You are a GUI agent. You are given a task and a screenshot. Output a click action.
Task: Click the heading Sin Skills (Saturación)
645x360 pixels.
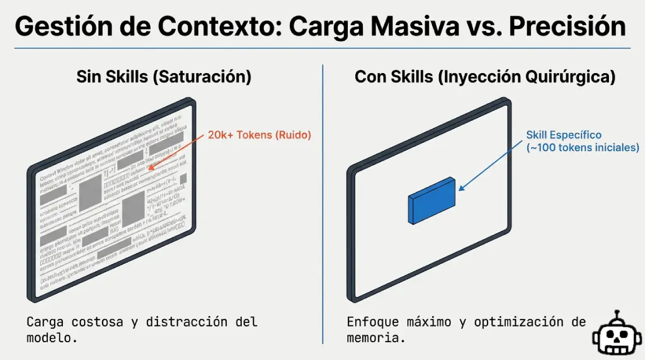click(163, 77)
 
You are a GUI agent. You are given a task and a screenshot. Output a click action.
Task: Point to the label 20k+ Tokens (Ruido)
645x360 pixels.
click(260, 135)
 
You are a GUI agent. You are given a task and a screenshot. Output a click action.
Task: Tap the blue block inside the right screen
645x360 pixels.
click(432, 201)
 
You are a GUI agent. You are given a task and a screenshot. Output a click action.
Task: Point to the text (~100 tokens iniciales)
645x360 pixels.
click(583, 147)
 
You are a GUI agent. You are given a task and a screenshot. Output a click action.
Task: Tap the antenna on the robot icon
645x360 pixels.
click(618, 314)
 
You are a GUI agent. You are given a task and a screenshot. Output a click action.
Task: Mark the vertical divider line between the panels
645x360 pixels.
click(322, 204)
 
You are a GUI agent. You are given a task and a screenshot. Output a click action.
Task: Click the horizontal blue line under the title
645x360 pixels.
click(322, 48)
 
